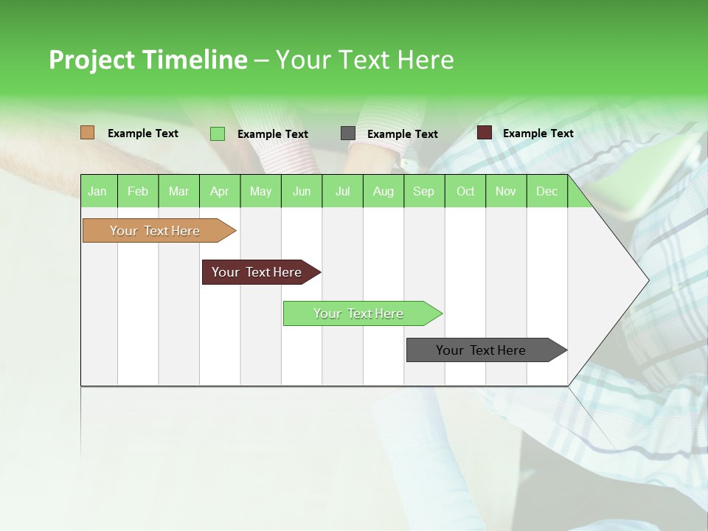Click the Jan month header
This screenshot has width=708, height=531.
pos(97,191)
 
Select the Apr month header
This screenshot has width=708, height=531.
pos(219,191)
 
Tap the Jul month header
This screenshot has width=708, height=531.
pos(342,191)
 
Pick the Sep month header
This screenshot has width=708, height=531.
pos(423,191)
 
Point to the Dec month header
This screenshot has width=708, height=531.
pos(546,191)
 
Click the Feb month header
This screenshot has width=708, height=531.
pos(138,191)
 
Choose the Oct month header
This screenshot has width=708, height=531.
pos(465,191)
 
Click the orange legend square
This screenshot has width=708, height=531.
pos(87,133)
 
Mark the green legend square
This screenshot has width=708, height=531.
pos(218,133)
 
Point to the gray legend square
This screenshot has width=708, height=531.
pos(348,133)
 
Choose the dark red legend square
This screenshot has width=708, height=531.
pos(485,133)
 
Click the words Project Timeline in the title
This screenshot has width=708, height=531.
pos(147,60)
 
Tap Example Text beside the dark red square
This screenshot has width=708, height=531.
pos(538,133)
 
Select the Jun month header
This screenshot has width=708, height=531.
pos(302,191)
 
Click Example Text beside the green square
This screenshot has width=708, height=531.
pos(272,134)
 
